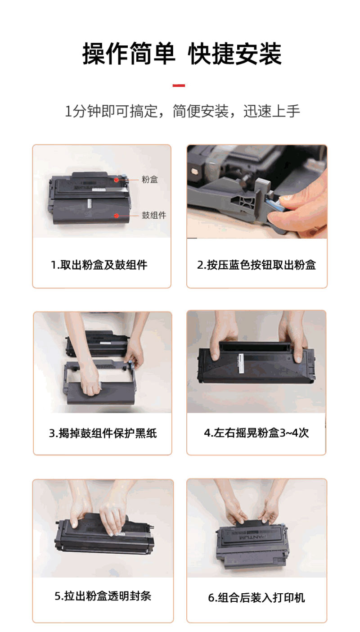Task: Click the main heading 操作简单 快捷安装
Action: pos(182,54)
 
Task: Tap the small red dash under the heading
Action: pos(179,85)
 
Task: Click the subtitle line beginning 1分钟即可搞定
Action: pos(182,111)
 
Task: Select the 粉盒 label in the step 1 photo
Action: pos(149,179)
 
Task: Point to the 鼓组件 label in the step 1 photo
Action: pos(154,215)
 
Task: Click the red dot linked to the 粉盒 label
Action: pos(116,180)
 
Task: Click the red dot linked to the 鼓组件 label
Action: pos(116,216)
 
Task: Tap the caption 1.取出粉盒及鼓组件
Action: pos(99,265)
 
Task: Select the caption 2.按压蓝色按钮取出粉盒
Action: pos(256,265)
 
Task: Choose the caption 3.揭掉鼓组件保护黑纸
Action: pos(103,433)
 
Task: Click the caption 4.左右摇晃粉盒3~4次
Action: pos(256,433)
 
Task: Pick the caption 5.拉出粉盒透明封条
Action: pos(103,596)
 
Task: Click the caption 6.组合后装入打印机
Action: pos(256,598)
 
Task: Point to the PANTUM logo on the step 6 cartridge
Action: pos(252,537)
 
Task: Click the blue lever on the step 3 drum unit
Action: pos(130,364)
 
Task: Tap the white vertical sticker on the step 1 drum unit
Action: pos(90,203)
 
